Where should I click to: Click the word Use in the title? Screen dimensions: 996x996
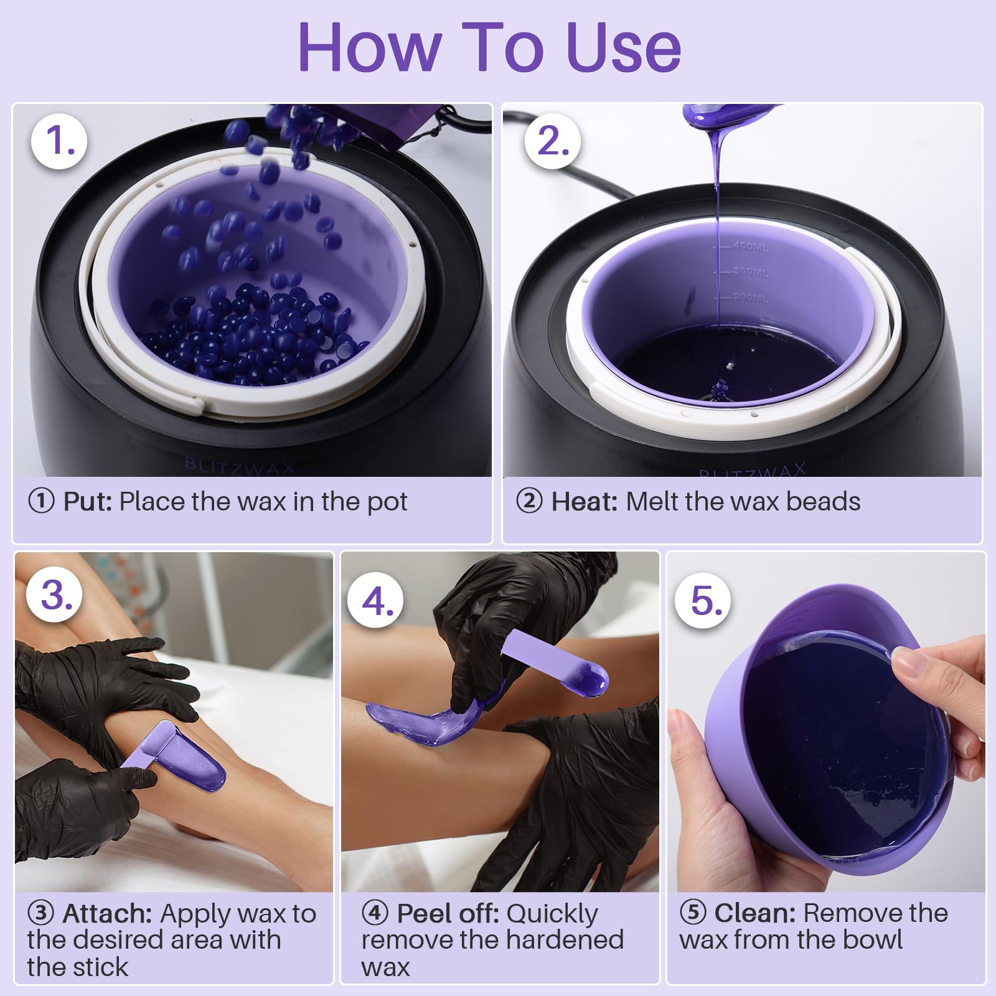(x=624, y=48)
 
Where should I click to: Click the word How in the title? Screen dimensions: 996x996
(x=370, y=48)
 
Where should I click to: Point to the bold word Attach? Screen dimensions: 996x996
(x=107, y=914)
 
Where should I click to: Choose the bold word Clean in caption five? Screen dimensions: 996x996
(x=755, y=913)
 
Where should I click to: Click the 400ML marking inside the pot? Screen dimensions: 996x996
(x=751, y=247)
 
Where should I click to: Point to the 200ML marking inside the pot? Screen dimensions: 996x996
(x=751, y=298)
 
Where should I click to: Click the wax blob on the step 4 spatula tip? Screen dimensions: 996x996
(x=589, y=679)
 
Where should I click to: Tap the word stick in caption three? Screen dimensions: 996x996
(x=98, y=967)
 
